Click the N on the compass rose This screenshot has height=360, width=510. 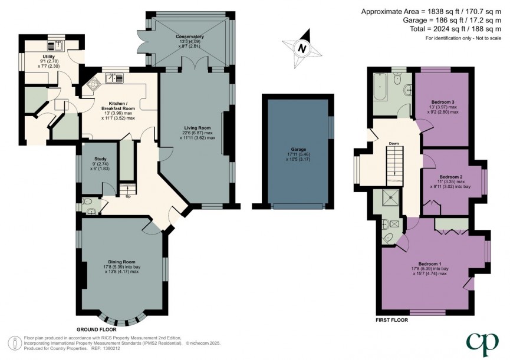point(303,48)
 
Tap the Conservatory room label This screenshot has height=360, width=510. point(189,37)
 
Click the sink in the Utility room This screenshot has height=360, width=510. point(59,42)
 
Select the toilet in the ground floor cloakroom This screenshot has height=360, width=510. point(90,210)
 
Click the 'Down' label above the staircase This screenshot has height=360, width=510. point(393,143)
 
